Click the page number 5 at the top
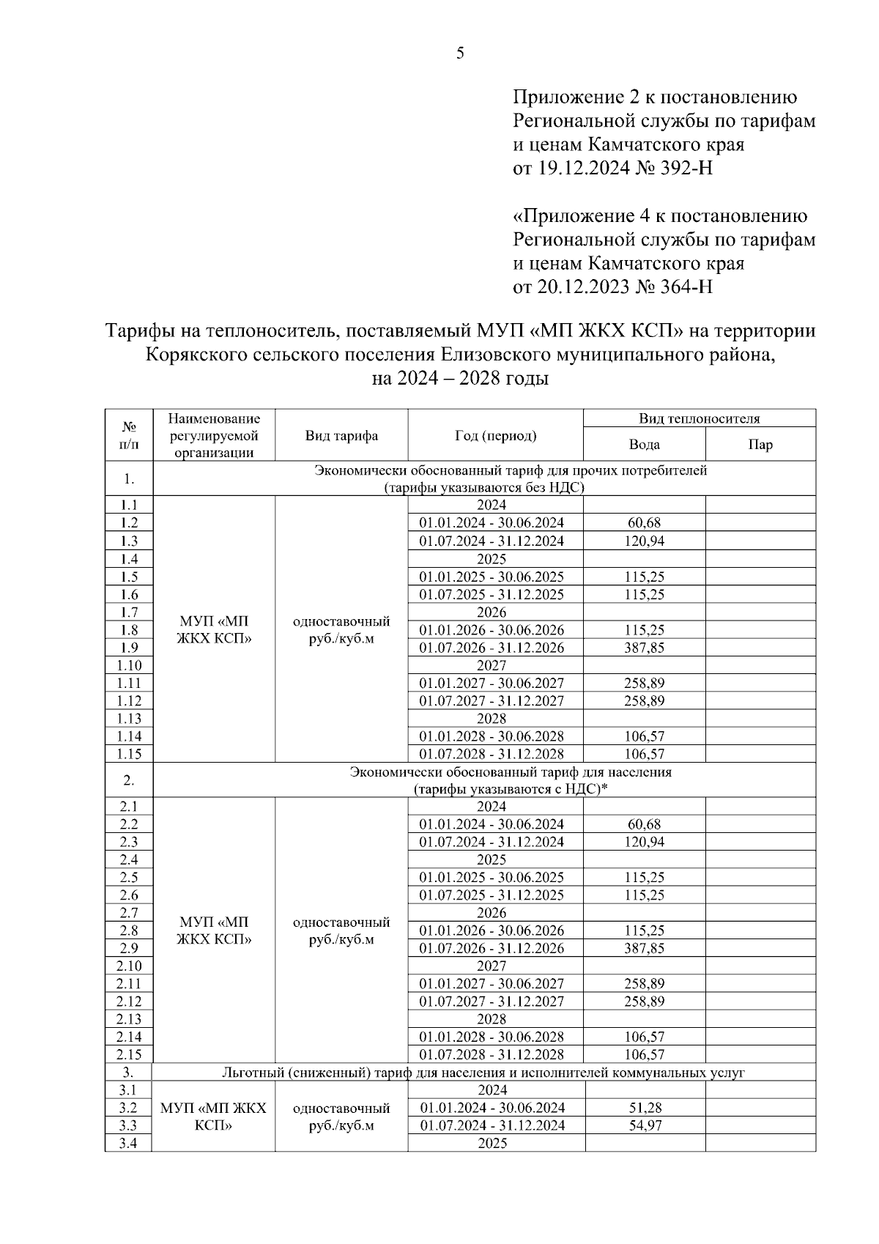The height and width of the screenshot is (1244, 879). tap(460, 53)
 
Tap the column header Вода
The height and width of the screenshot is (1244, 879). tap(644, 445)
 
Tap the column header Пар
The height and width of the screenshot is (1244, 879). tap(760, 445)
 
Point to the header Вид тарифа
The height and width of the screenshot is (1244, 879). tap(341, 436)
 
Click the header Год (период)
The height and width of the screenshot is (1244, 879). tap(495, 436)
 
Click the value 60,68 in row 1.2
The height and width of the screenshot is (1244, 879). tap(644, 523)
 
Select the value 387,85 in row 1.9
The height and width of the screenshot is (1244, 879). tap(644, 648)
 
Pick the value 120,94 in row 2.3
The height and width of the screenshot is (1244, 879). tap(644, 843)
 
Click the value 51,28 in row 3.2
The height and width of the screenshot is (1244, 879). tap(645, 1108)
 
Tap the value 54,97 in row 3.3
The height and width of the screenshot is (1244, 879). tap(645, 1126)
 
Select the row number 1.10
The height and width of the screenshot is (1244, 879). tap(129, 666)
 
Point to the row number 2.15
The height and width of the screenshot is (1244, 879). tap(129, 1055)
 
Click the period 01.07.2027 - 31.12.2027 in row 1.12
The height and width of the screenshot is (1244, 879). tap(492, 701)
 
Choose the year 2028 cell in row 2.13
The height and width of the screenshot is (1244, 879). tap(492, 1019)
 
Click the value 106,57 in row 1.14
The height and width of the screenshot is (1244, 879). tap(644, 736)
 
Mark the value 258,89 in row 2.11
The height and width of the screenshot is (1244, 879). tap(644, 984)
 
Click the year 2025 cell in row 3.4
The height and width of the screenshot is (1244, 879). tap(492, 1144)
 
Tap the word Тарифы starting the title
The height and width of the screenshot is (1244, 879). tap(141, 331)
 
